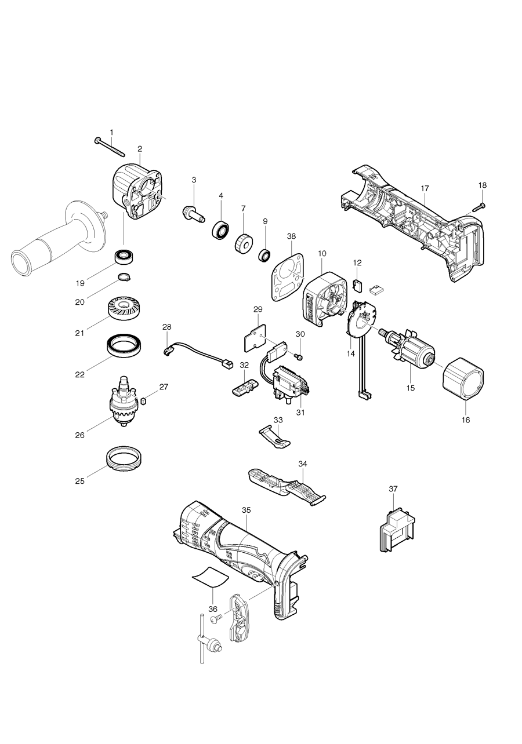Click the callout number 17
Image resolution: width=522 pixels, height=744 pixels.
[425, 188]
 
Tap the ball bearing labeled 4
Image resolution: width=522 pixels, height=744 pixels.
[220, 229]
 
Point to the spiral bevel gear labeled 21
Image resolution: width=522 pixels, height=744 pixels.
[125, 308]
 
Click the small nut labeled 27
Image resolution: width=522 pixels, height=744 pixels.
[144, 400]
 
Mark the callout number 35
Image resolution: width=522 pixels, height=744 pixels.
[246, 510]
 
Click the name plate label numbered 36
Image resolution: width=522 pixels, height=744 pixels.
[211, 577]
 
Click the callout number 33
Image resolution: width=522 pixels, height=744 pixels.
[278, 420]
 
